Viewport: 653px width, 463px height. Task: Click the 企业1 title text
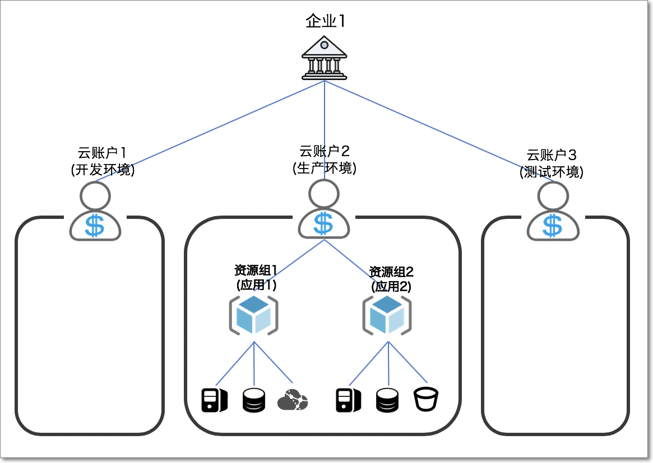(x=326, y=22)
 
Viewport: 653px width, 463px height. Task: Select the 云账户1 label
(x=103, y=153)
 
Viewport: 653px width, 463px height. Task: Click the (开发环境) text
(x=103, y=170)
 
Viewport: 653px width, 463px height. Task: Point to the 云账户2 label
(x=325, y=151)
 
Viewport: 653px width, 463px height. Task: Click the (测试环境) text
(x=552, y=172)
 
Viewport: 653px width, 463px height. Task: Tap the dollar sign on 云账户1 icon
(x=95, y=226)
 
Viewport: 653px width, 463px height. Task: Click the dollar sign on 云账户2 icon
(x=323, y=223)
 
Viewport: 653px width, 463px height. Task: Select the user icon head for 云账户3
(x=553, y=196)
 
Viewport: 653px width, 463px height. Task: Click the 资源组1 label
(x=256, y=271)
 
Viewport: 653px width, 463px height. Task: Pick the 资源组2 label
(x=391, y=273)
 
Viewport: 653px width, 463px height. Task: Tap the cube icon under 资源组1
(x=253, y=315)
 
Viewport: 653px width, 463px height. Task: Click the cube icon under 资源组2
(x=387, y=315)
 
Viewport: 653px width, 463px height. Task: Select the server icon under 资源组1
(x=214, y=400)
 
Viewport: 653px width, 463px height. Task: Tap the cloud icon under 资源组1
(x=293, y=400)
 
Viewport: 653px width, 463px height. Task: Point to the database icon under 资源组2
(x=387, y=400)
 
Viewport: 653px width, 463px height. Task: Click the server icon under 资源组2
(x=349, y=400)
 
